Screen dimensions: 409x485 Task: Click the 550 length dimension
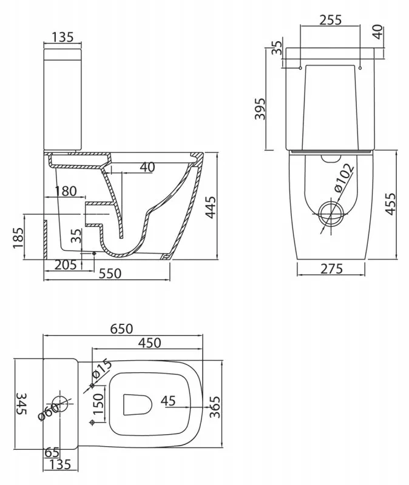click(x=110, y=273)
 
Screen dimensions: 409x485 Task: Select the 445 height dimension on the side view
click(x=211, y=207)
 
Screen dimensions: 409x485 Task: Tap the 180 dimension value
click(x=66, y=191)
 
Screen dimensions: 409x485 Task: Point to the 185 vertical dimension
click(x=18, y=238)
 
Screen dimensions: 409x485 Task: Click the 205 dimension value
click(x=66, y=265)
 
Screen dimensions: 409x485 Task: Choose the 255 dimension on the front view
click(x=330, y=20)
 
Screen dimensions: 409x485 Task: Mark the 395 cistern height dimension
click(x=260, y=109)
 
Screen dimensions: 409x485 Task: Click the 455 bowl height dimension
click(x=390, y=204)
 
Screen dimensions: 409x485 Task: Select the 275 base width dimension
click(x=331, y=269)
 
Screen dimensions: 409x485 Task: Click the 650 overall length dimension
click(x=122, y=329)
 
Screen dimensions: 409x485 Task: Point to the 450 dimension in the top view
click(x=149, y=343)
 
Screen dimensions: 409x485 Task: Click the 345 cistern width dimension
click(x=21, y=404)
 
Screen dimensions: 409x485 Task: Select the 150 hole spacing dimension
click(x=98, y=404)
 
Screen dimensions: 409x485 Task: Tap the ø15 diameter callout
click(x=102, y=368)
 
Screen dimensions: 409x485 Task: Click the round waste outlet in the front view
click(x=331, y=215)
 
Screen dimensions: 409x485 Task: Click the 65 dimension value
click(x=52, y=452)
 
